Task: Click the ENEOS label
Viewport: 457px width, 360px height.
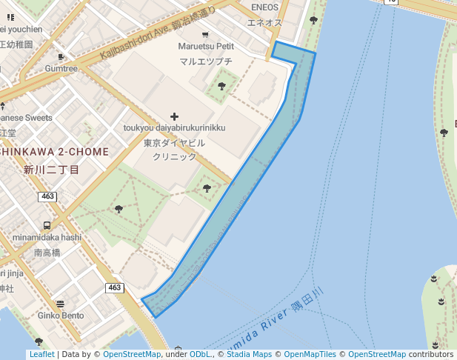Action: (x=264, y=7)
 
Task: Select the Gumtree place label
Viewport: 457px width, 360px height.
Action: (x=61, y=69)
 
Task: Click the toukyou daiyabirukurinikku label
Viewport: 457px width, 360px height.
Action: (x=174, y=128)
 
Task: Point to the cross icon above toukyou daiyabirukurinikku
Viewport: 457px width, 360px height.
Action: (x=174, y=116)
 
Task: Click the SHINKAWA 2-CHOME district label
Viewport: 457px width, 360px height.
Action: (x=54, y=151)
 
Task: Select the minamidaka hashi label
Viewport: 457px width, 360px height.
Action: (x=47, y=237)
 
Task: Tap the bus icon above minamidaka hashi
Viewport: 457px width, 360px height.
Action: (x=47, y=225)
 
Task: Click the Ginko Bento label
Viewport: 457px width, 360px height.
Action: (x=62, y=316)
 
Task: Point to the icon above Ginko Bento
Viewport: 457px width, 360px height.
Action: (x=60, y=304)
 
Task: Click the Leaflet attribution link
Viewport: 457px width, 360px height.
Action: (x=42, y=355)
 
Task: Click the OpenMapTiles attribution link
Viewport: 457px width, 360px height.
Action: (x=310, y=355)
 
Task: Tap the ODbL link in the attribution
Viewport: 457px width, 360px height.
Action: (x=200, y=355)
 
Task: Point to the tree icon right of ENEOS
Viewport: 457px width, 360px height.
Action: (x=313, y=21)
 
